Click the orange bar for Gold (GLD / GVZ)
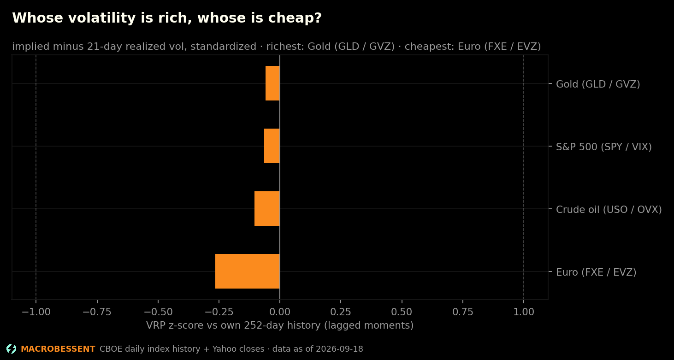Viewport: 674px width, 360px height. click(272, 83)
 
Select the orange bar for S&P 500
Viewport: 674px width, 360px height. click(272, 146)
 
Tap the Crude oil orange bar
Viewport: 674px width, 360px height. click(267, 209)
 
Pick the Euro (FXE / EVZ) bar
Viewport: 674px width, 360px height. click(248, 271)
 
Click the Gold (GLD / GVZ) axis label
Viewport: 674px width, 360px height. click(598, 84)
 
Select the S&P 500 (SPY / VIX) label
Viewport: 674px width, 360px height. click(603, 147)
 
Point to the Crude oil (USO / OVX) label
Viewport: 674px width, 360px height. click(609, 210)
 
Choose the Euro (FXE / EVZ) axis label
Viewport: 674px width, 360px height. click(596, 272)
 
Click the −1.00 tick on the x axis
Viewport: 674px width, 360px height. click(36, 312)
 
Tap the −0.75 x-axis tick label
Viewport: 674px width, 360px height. click(97, 312)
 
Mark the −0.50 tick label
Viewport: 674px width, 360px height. click(158, 312)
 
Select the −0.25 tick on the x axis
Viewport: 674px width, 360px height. click(219, 312)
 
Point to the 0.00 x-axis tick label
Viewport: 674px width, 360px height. click(280, 312)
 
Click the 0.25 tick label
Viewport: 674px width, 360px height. click(341, 312)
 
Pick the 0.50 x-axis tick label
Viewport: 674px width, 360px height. click(402, 312)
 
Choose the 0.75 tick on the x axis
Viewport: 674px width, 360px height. click(463, 312)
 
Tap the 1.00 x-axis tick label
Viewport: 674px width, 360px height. click(524, 312)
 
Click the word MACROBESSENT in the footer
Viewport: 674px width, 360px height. click(58, 349)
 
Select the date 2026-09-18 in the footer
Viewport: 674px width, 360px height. click(339, 349)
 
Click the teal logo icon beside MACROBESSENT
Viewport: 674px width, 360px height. click(12, 349)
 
